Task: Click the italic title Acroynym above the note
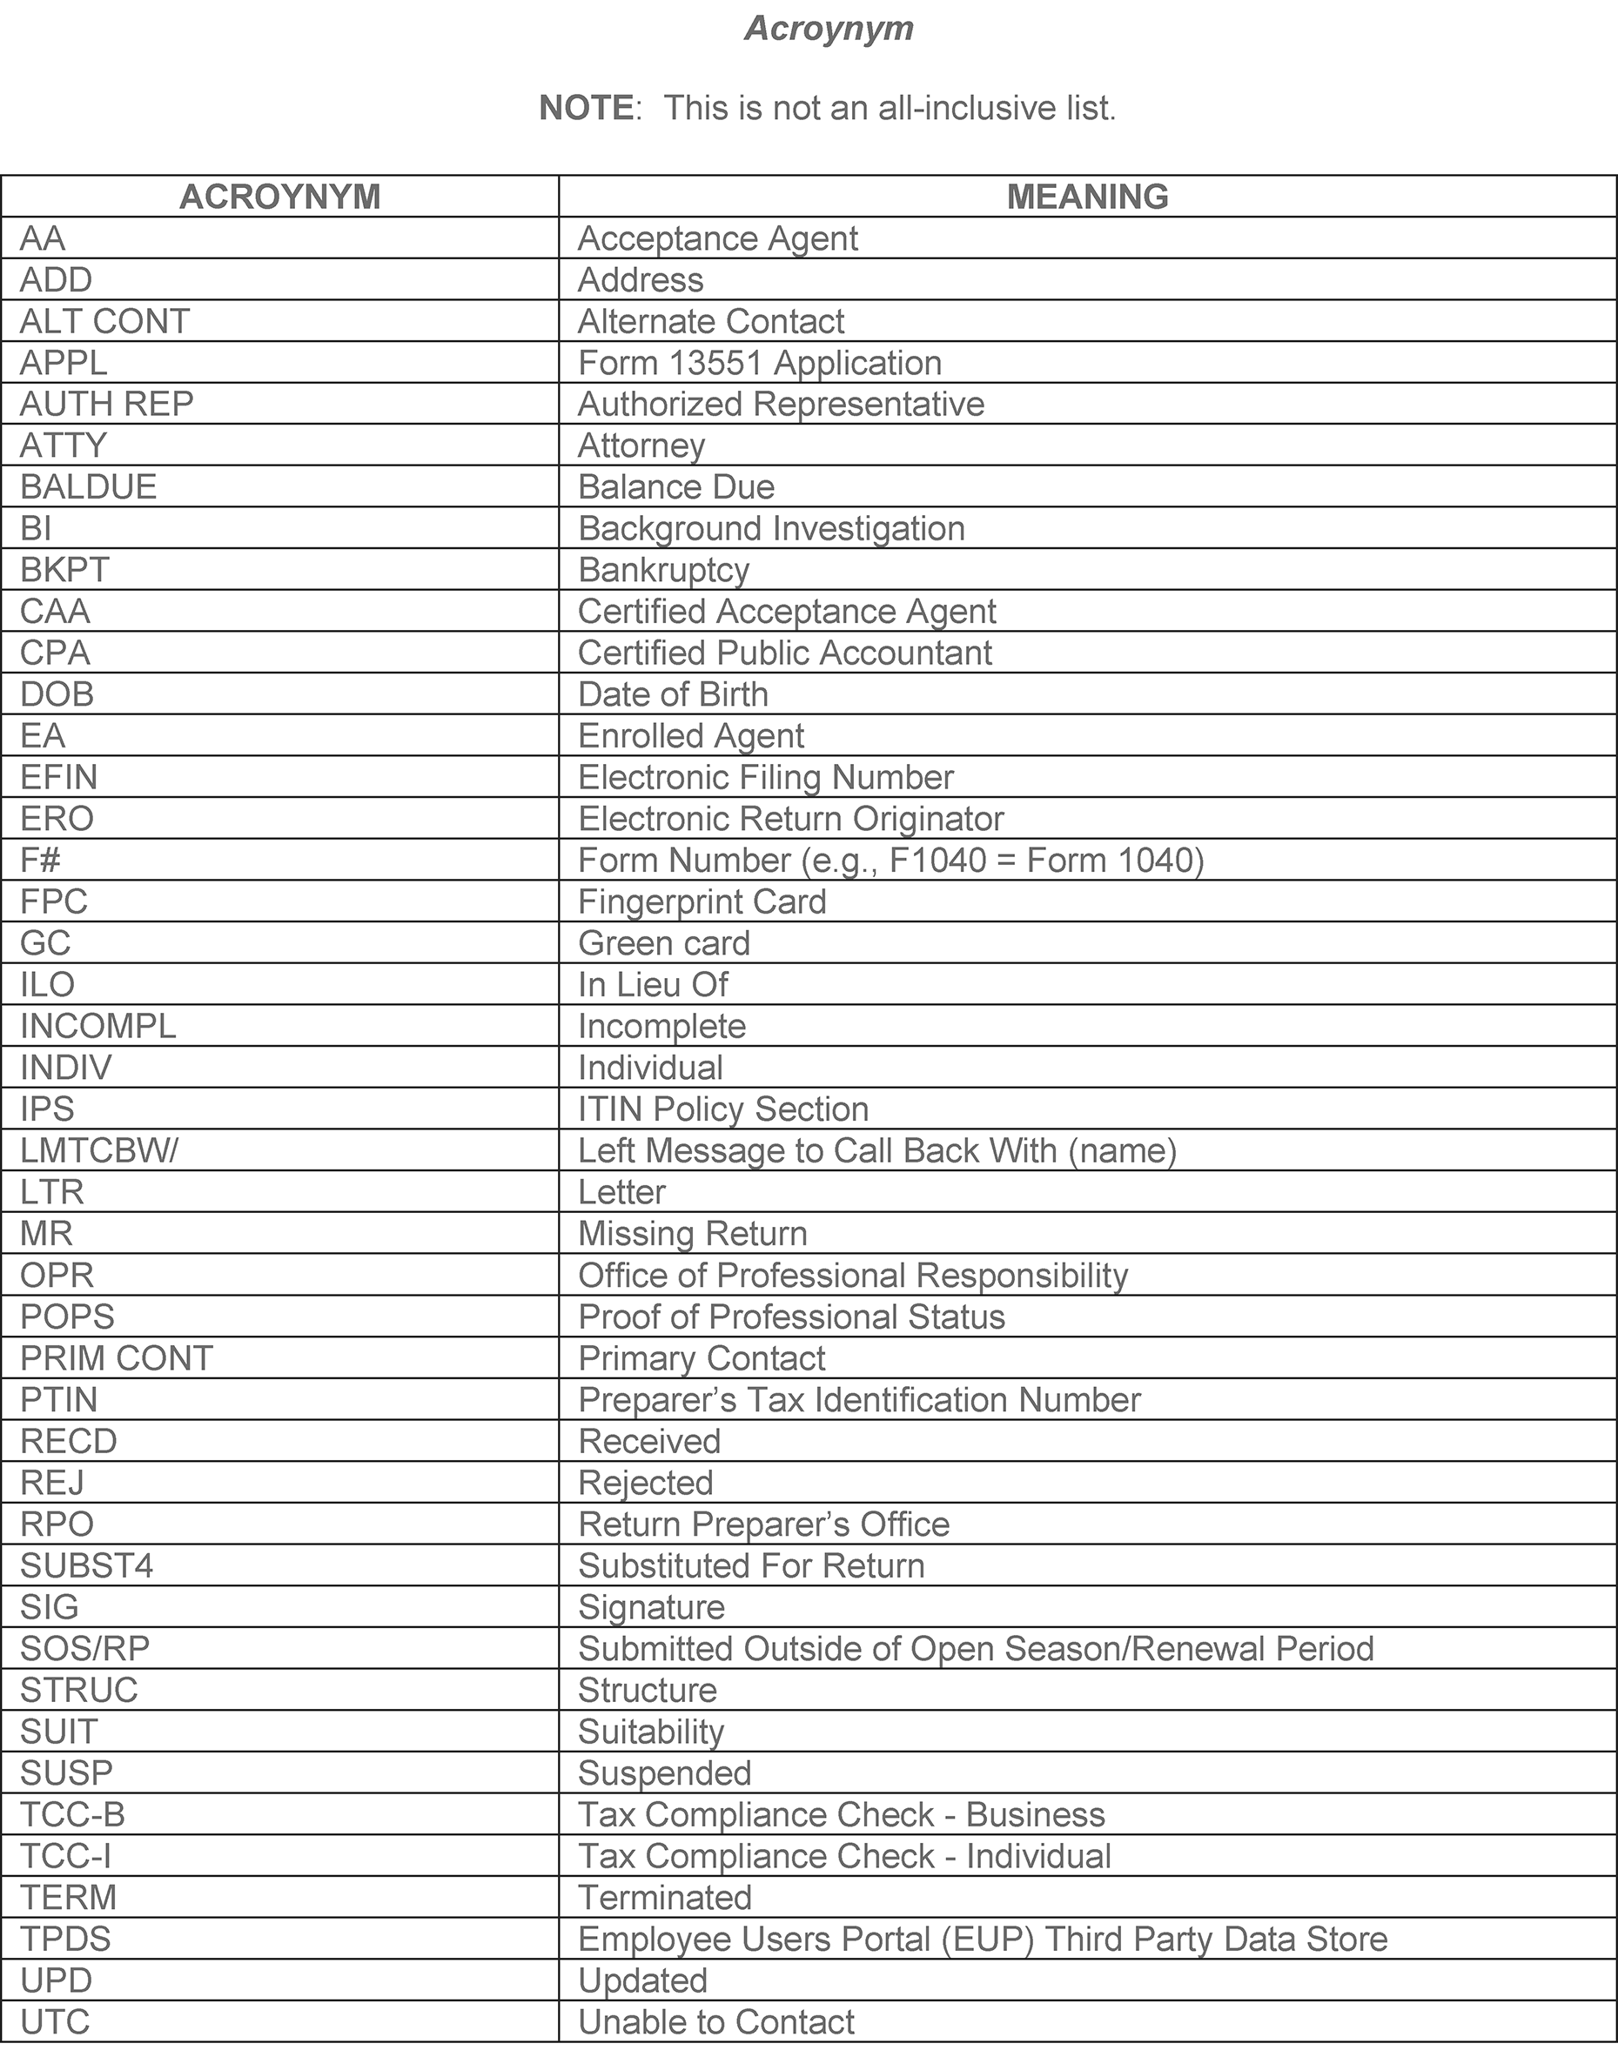tap(829, 29)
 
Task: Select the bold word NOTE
tap(586, 108)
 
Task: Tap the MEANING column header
tap(1086, 197)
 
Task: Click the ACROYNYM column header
tap(279, 197)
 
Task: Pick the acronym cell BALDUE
tap(88, 486)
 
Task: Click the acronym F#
tap(41, 860)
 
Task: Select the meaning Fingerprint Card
tap(702, 901)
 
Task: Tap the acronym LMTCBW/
tap(98, 1150)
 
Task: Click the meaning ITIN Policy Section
tap(722, 1109)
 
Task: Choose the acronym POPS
tap(67, 1317)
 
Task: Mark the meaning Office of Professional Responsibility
tap(853, 1275)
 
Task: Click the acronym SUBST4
tap(86, 1565)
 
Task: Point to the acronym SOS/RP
tap(85, 1649)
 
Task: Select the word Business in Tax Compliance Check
tap(1036, 1814)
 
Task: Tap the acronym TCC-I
tap(66, 1856)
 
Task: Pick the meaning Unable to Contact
tap(716, 2022)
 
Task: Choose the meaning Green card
tap(663, 943)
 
